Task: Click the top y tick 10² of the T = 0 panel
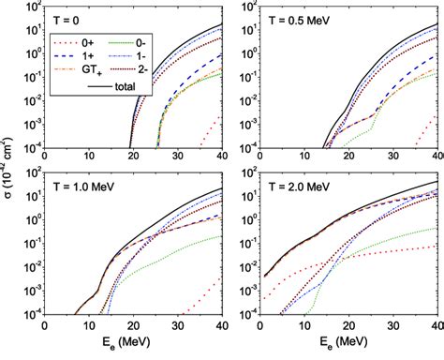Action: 32,7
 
